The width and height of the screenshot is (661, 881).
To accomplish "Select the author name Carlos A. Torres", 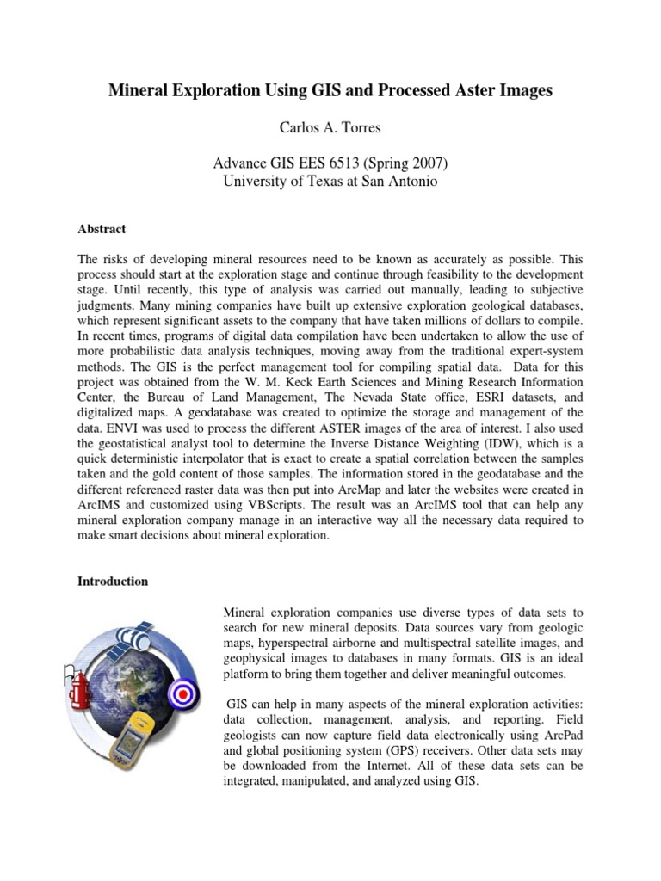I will coord(330,127).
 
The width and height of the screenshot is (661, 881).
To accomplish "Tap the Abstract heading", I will coord(102,229).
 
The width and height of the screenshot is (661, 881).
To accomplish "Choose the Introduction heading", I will coord(113,582).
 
